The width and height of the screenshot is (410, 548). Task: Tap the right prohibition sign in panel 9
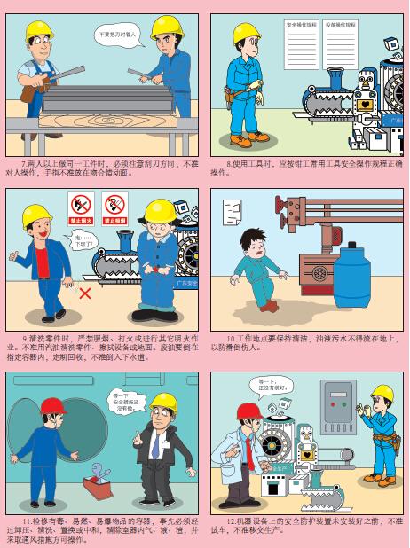(x=114, y=206)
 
